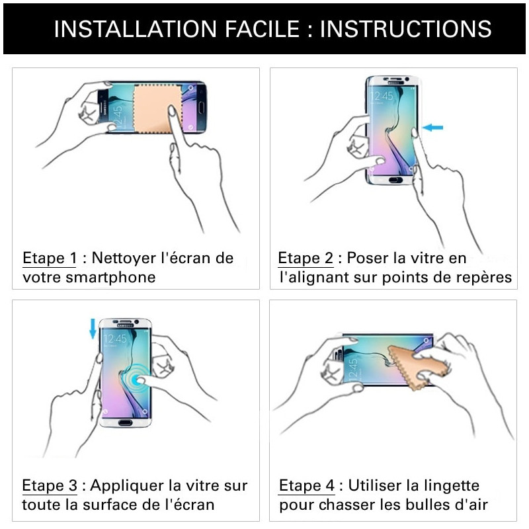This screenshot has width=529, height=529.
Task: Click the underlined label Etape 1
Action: [x=50, y=258]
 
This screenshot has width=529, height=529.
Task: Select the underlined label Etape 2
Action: [x=305, y=258]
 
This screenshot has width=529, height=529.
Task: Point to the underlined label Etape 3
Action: [x=50, y=486]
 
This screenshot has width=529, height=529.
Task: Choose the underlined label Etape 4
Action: [x=306, y=486]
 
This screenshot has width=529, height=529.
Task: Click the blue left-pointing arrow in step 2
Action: [x=433, y=127]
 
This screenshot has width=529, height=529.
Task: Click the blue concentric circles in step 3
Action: [x=140, y=380]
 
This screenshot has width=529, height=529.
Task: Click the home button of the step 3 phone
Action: [x=126, y=420]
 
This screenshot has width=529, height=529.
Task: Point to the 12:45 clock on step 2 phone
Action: [x=382, y=96]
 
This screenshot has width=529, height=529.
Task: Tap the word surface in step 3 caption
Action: [x=105, y=505]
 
